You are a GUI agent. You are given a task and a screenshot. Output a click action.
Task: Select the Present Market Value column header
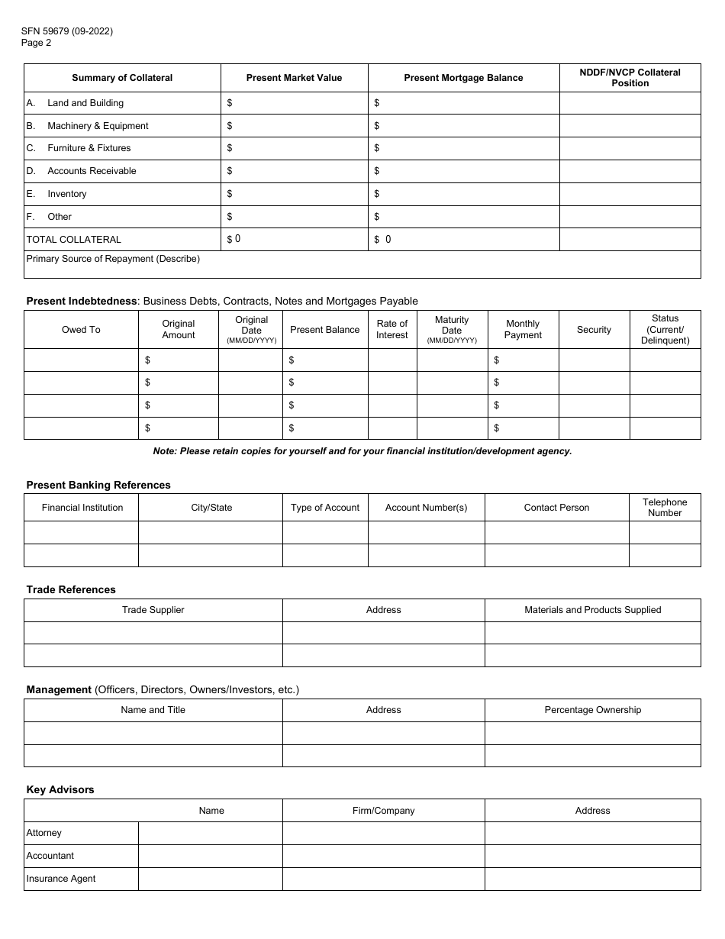click(294, 78)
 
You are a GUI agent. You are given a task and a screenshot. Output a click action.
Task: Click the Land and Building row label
click(85, 103)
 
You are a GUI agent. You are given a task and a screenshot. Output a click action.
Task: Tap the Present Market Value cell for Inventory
click(294, 194)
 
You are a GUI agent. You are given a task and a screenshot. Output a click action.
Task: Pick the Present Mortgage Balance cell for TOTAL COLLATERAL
click(463, 240)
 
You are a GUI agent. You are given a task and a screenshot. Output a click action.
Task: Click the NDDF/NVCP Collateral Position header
click(630, 78)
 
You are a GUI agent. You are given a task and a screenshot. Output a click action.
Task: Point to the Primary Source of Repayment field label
click(113, 259)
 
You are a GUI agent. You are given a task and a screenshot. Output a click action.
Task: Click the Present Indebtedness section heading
click(82, 301)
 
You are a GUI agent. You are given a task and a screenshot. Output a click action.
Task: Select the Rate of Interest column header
click(392, 329)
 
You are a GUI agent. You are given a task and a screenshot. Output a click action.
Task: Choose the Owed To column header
click(81, 330)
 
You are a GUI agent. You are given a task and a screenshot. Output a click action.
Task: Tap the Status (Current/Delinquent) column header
click(665, 329)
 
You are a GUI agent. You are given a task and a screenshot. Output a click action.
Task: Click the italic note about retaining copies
click(362, 451)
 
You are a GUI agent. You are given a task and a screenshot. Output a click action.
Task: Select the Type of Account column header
click(325, 508)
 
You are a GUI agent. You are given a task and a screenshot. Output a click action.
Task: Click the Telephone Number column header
click(665, 508)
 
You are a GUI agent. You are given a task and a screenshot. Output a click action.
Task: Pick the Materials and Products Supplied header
click(592, 610)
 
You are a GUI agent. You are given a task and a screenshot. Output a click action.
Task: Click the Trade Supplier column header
click(153, 610)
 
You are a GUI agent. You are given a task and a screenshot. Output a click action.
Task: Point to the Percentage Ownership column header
click(592, 710)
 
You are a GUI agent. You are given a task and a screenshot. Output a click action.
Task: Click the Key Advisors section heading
click(60, 789)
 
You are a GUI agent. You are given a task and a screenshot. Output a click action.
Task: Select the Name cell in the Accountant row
click(211, 856)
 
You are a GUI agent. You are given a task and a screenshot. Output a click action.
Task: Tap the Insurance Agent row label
click(61, 879)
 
